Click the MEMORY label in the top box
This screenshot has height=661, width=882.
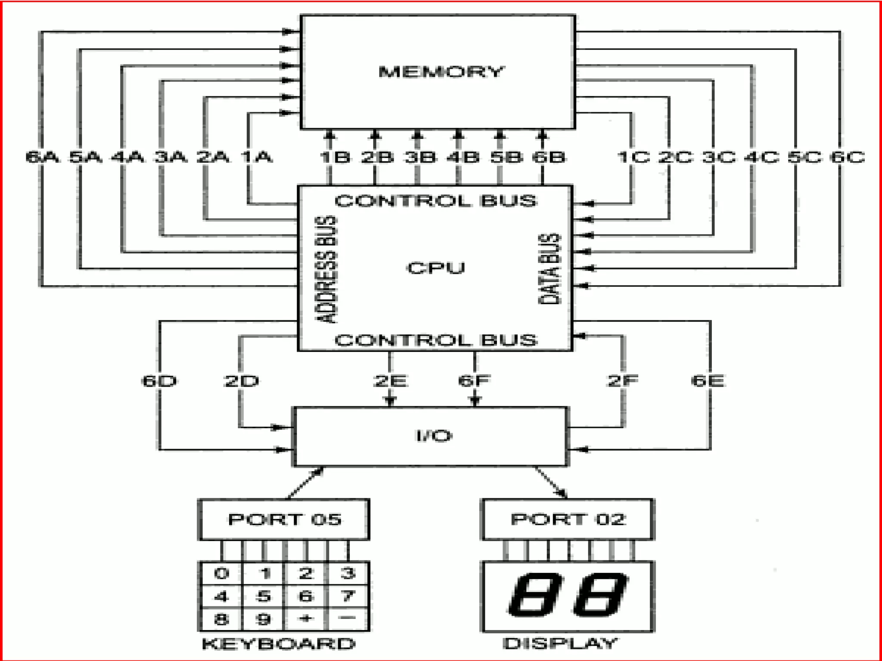pos(440,71)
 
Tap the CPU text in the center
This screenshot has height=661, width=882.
pos(435,268)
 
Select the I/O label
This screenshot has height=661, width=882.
pos(434,436)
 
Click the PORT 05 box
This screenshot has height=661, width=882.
pos(284,519)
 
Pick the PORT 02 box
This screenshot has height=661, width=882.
pos(568,519)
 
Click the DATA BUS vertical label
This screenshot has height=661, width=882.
pos(550,269)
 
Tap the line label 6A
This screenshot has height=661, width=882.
pos(42,157)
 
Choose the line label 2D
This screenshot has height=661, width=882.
pos(241,381)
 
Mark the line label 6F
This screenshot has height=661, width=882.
pos(474,381)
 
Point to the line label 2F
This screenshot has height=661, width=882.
pos(623,381)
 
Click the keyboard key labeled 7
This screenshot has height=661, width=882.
pos(348,596)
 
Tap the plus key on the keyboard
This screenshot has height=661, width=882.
pos(305,618)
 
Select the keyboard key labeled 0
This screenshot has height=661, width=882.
pos(221,573)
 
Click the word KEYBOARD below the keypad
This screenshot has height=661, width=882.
pos(279,644)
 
